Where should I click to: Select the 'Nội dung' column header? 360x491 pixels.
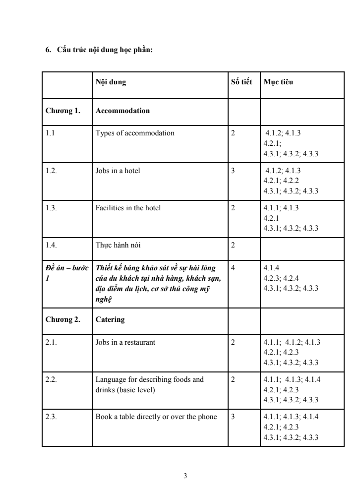[x=111, y=82]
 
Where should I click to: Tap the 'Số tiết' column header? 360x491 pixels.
[x=242, y=82]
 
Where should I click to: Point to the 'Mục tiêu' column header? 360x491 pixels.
[x=278, y=82]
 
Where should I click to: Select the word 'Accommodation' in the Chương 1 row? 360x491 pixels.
[x=122, y=111]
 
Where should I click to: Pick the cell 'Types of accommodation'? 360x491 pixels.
[x=135, y=133]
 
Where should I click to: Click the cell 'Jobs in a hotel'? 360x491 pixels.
[x=118, y=171]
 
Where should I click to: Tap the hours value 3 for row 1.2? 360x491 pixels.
[x=233, y=171]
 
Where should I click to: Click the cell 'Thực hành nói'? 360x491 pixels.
[x=118, y=245]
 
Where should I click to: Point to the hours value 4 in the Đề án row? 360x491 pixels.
[x=233, y=268]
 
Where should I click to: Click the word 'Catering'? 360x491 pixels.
[x=110, y=319]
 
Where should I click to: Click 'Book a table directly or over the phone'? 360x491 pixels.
[x=156, y=417]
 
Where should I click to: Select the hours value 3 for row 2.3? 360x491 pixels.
[x=233, y=417]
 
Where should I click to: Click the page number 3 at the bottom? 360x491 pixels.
[x=185, y=477]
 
